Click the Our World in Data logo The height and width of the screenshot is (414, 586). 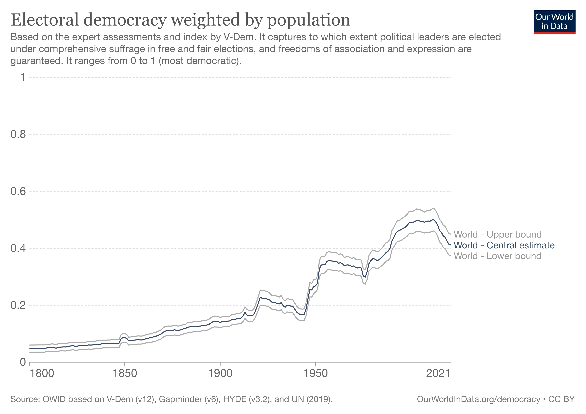pyautogui.click(x=554, y=22)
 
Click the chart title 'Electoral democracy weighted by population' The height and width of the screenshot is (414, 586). pyautogui.click(x=180, y=20)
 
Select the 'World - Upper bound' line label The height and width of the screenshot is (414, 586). pyautogui.click(x=497, y=234)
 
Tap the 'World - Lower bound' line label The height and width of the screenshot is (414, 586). pyautogui.click(x=497, y=256)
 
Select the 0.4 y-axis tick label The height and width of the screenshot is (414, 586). pyautogui.click(x=18, y=248)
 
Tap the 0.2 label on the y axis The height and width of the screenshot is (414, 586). pyautogui.click(x=18, y=305)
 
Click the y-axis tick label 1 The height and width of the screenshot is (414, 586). pyautogui.click(x=23, y=77)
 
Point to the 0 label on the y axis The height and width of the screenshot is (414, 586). pyautogui.click(x=23, y=362)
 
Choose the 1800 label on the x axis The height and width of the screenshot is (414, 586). pyautogui.click(x=42, y=373)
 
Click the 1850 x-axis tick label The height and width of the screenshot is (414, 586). pyautogui.click(x=125, y=373)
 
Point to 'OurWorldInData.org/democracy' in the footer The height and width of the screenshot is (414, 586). pyautogui.click(x=479, y=399)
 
